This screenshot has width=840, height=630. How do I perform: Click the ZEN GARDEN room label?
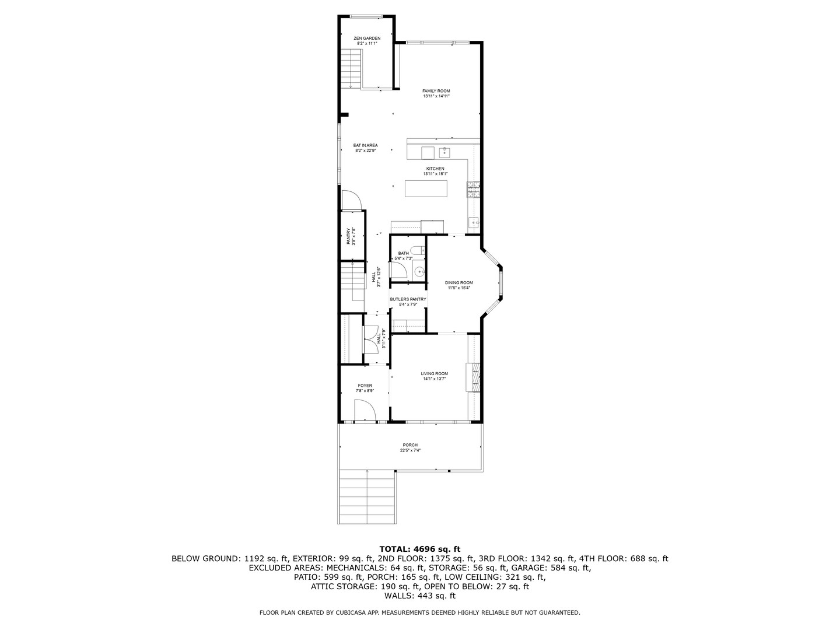tap(367, 38)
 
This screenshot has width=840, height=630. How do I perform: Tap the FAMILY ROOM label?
tap(436, 91)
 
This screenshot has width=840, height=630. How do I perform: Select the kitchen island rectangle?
tap(426, 188)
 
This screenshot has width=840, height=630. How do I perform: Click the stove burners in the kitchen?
tap(473, 189)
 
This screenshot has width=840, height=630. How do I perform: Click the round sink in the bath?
tap(419, 271)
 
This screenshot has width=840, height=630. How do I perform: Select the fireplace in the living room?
tap(473, 377)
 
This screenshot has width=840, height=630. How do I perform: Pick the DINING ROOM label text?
tap(459, 282)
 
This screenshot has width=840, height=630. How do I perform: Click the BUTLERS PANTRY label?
tap(408, 299)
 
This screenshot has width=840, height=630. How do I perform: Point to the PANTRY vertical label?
tap(348, 236)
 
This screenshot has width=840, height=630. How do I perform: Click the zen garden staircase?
tap(351, 68)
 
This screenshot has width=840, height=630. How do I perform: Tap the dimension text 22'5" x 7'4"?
tap(410, 450)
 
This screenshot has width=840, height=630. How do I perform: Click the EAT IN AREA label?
tap(365, 145)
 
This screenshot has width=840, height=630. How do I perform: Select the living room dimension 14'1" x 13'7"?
tap(435, 379)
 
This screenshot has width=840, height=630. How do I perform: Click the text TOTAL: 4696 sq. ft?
tap(419, 549)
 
